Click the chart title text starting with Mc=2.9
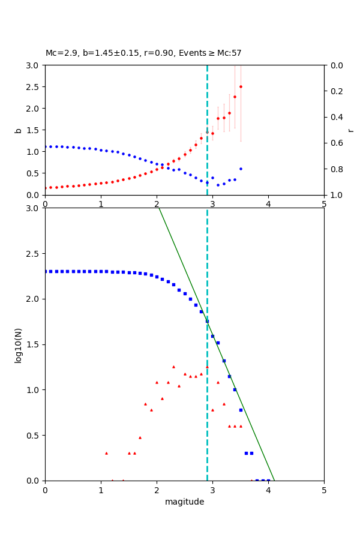143,53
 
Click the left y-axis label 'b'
19,130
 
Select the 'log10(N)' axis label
19,344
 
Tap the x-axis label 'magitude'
184,502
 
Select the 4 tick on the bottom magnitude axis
268,490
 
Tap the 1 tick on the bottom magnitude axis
101,490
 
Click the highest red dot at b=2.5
241,86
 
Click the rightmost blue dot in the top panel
241,169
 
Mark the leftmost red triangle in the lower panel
106,453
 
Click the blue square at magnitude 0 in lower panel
46,271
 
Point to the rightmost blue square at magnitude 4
268,480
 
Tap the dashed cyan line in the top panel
207,120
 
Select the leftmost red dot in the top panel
46,188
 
